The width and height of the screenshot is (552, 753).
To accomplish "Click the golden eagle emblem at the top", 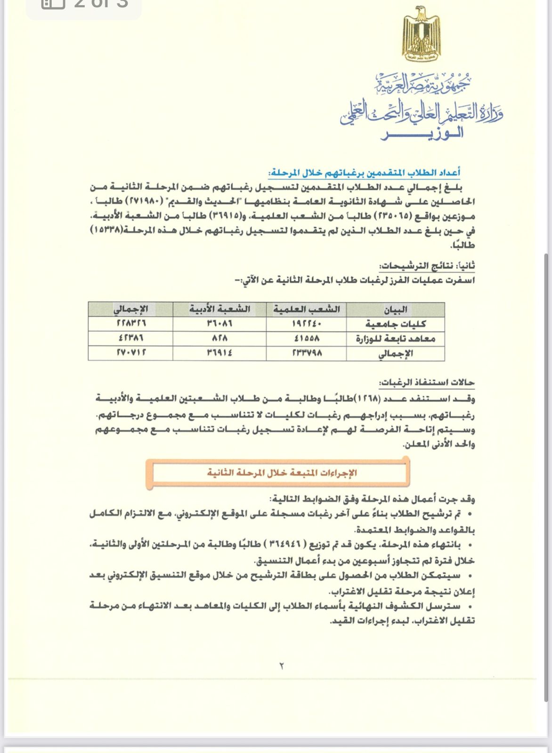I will coord(421,34).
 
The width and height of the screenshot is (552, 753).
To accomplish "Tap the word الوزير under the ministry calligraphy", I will coord(422,133).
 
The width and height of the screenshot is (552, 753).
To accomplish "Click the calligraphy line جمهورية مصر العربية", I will coord(422,84).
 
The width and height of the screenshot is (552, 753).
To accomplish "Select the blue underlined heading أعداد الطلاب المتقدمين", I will coord(364,173).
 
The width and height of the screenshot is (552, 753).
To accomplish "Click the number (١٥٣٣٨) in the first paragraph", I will coord(109,231).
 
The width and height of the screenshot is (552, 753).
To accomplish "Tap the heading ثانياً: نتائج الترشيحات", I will coord(427,266).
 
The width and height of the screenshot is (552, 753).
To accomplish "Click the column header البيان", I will coord(396,310).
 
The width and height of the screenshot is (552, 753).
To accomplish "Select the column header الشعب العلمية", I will coord(306,309).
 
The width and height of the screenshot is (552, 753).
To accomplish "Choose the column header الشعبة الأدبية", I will coord(219,309).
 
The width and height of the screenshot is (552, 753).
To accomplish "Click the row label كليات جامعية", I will coord(396,324).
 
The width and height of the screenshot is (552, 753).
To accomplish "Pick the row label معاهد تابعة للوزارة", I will coord(396,339).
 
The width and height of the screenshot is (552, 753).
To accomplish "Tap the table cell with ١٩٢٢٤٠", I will coord(306,324).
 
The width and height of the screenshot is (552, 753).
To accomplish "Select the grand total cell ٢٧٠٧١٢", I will coord(131,352).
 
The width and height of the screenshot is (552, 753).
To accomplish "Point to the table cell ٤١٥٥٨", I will coord(306,338).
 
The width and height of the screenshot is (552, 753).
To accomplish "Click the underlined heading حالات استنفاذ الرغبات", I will coord(427,382).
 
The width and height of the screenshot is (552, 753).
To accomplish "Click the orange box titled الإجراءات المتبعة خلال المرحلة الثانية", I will coord(282,473).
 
